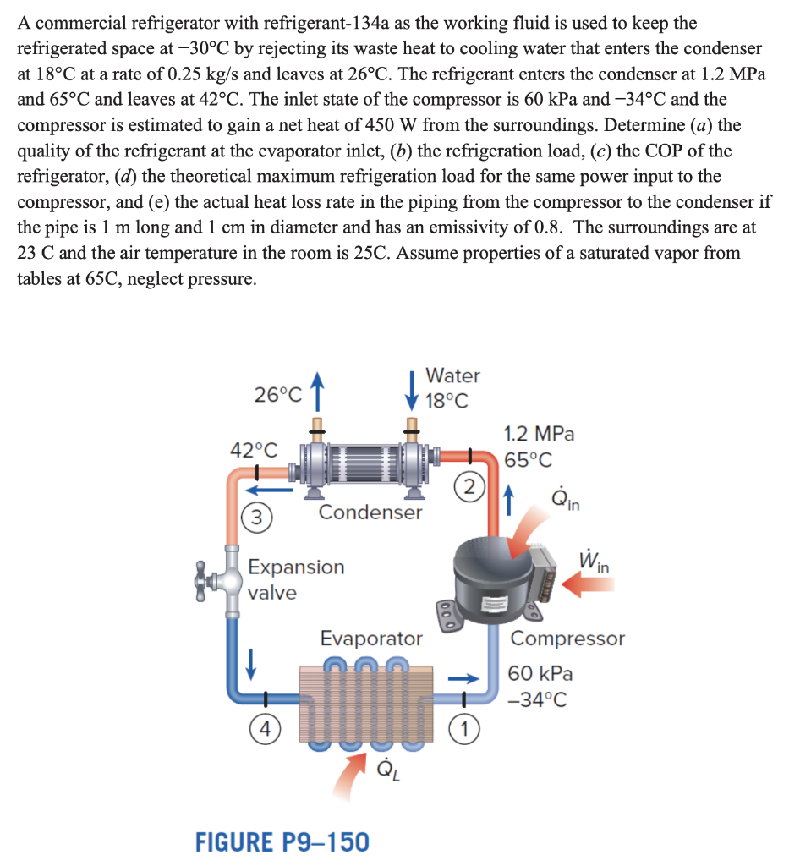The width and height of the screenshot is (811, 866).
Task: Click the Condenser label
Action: [x=370, y=512]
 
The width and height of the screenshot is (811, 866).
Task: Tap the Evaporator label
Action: [x=370, y=638]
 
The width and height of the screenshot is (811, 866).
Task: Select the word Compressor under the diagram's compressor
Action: [x=567, y=639]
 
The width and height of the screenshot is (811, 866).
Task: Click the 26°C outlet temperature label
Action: [x=277, y=394]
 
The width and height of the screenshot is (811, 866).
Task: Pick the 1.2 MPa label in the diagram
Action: [x=539, y=435]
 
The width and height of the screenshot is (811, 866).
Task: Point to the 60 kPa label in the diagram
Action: [x=540, y=674]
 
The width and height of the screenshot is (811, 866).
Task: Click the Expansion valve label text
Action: [x=295, y=578]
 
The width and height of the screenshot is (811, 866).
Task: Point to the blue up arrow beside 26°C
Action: [x=318, y=392]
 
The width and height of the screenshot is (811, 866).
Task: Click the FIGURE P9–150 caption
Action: [x=282, y=841]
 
